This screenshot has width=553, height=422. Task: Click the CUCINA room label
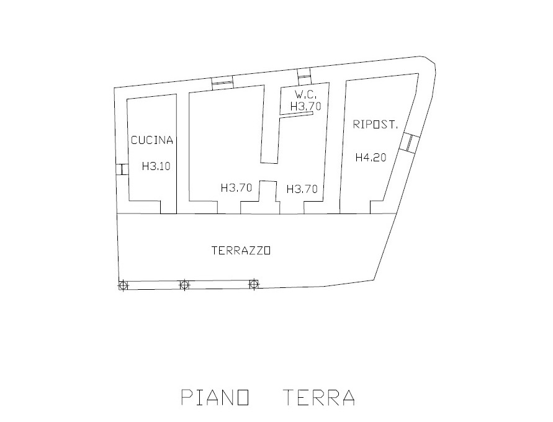pos(152,140)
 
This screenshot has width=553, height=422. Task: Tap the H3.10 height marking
pos(156,166)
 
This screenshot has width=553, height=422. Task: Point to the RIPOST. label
pos(375,125)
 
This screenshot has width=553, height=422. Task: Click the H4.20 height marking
pos(371,157)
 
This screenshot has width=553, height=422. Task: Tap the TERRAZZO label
pos(241,251)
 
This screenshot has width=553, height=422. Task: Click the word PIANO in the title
pos(215,397)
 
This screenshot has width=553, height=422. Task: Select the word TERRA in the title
pos(319,397)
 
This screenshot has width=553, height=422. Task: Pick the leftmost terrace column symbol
pos(123,285)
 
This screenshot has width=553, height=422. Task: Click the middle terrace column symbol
pos(184,284)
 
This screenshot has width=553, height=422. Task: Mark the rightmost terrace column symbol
pos(253,284)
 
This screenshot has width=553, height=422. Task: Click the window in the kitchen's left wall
pos(122,169)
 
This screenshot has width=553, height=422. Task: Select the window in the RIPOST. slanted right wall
pos(410,143)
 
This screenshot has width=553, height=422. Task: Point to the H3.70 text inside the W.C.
pos(306,105)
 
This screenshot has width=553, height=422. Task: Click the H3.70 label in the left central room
pos(236,188)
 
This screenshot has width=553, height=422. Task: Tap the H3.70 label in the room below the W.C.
pos(302,189)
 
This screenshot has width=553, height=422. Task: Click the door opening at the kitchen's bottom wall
pos(169,207)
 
